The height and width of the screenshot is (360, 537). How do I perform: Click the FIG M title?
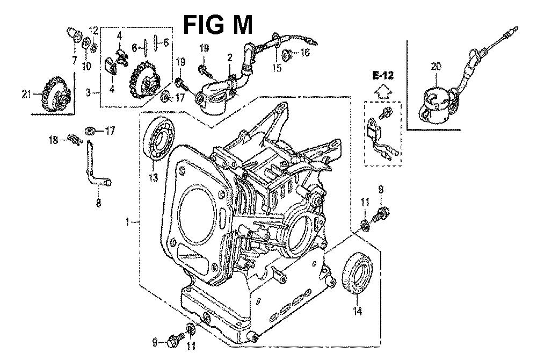(218, 25)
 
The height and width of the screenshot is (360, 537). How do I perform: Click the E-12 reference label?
(383, 75)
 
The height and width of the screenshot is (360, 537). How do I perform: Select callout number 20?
(436, 67)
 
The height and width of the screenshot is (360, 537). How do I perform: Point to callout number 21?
(26, 95)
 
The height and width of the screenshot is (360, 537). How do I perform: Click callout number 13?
(154, 177)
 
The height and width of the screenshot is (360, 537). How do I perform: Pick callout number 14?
(357, 311)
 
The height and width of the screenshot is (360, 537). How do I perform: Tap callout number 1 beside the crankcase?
(127, 222)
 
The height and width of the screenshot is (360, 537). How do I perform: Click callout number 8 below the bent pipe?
(99, 203)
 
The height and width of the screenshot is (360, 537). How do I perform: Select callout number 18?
(53, 140)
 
